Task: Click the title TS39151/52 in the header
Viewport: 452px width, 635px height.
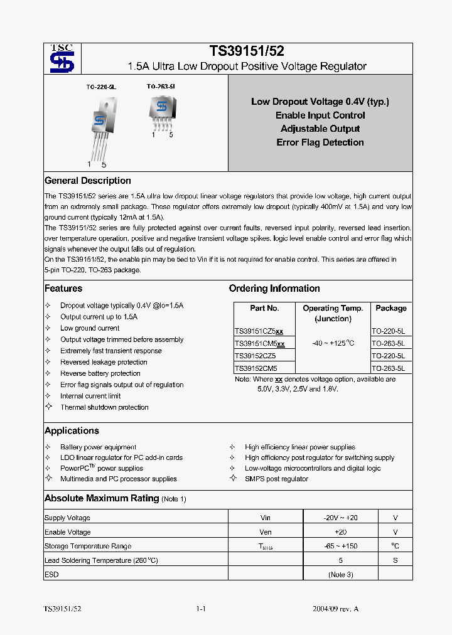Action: tap(247, 52)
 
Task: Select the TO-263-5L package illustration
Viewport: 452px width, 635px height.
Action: tap(162, 110)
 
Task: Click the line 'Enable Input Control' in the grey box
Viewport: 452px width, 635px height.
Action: tap(320, 115)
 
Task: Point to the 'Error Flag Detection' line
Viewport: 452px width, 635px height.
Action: tap(320, 142)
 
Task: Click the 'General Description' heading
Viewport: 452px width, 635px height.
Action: tap(88, 181)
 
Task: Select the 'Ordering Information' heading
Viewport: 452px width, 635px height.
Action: tap(274, 289)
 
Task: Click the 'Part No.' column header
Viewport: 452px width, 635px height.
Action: tap(264, 308)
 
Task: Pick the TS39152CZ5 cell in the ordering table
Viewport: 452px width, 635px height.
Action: tap(256, 356)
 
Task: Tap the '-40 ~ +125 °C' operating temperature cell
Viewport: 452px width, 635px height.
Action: tap(333, 343)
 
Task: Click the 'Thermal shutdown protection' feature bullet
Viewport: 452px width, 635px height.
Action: tap(104, 407)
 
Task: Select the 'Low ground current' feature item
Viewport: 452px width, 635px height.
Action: tap(90, 328)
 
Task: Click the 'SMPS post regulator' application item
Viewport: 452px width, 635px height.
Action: tap(276, 479)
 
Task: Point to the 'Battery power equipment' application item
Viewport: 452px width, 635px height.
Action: tap(98, 447)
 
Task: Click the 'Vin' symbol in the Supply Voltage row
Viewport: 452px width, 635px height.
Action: tap(266, 518)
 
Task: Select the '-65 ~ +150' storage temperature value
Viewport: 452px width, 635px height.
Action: tap(341, 546)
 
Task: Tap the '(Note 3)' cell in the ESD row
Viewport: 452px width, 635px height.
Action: tap(341, 574)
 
